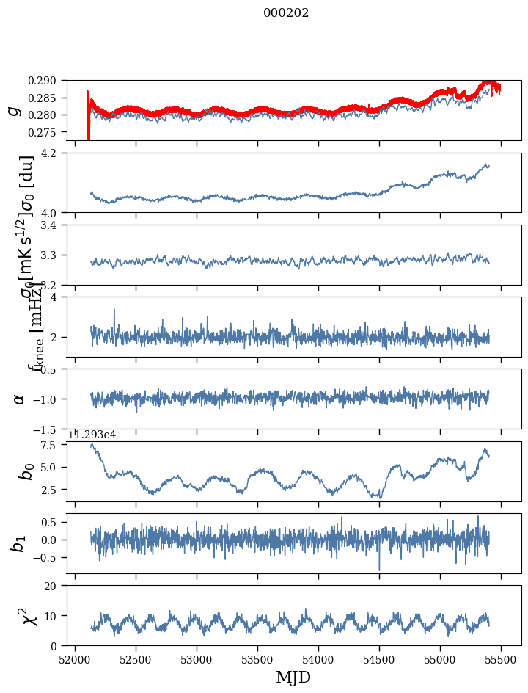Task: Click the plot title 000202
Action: coord(286,13)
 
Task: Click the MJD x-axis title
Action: coord(293,678)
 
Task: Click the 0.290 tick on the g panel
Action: coord(49,81)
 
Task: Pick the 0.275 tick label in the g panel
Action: coord(49,132)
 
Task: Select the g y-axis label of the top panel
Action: coord(14,111)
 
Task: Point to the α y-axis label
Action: coord(19,399)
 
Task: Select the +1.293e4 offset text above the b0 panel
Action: coord(92,435)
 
